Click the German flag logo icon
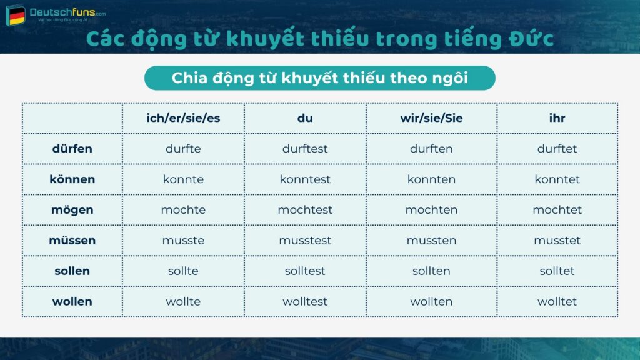[x=15, y=15]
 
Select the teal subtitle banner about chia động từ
[x=319, y=78]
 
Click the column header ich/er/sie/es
[x=183, y=117]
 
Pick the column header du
[x=305, y=117]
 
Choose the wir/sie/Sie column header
[x=431, y=117]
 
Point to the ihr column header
[x=557, y=117]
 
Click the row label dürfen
[x=72, y=149]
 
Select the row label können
[x=72, y=179]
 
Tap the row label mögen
[x=72, y=210]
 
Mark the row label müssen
[x=72, y=241]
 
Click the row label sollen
[x=72, y=271]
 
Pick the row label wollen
[x=72, y=302]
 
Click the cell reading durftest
[x=305, y=149]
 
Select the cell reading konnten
[x=431, y=179]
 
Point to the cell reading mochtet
[x=557, y=210]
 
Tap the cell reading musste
[x=183, y=241]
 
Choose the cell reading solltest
[x=305, y=271]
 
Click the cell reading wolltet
[x=557, y=302]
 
